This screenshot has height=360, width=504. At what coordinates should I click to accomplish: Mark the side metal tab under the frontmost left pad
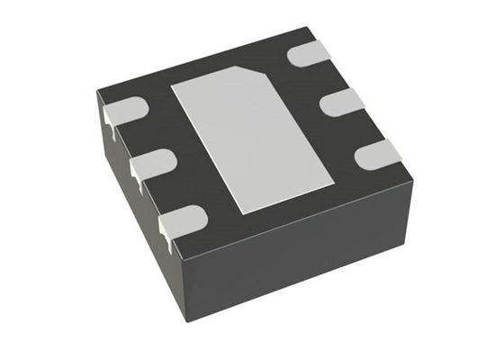coord(165,233)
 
